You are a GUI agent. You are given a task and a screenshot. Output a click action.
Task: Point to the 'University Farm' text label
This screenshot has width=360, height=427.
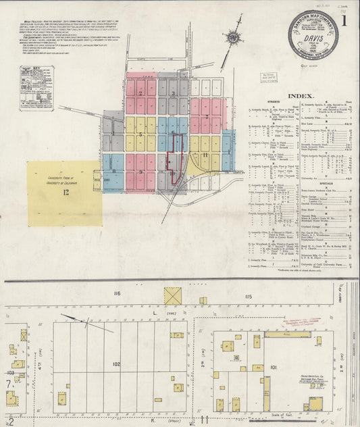(x=63, y=181)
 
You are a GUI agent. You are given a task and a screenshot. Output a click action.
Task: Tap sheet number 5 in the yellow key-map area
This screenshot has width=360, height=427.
(x=140, y=135)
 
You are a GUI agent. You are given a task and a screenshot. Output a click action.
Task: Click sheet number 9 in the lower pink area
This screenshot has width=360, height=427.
(x=140, y=172)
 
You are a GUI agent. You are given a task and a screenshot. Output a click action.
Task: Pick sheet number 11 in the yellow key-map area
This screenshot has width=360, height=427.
(x=204, y=155)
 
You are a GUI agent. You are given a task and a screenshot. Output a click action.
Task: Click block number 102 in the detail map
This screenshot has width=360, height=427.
(x=116, y=364)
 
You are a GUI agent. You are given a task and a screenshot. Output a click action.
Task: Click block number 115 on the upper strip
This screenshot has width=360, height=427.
(x=248, y=278)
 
